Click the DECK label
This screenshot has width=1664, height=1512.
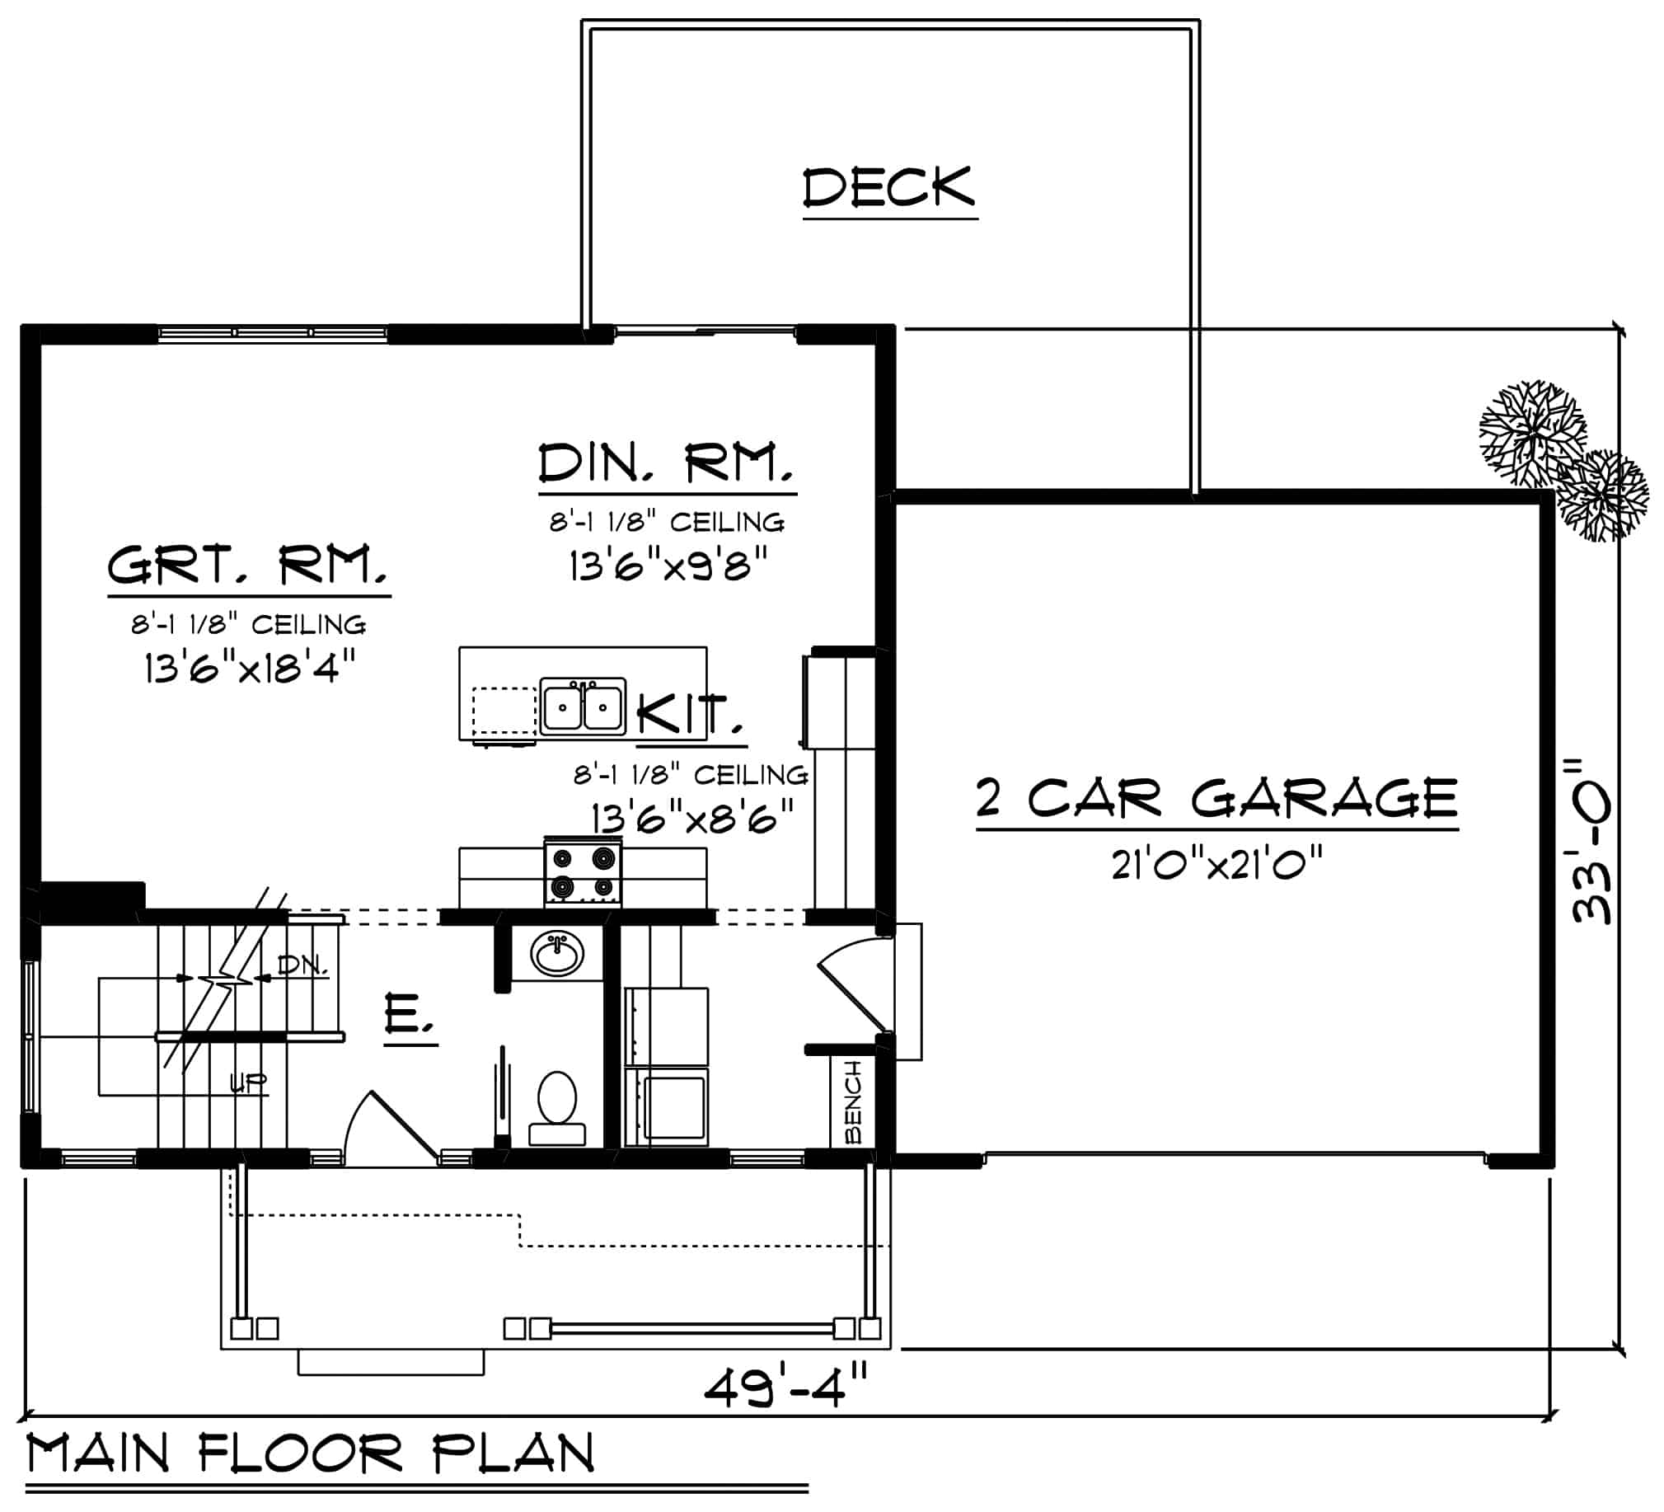point(889,187)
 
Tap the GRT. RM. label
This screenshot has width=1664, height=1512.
point(247,566)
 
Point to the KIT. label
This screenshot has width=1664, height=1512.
point(690,714)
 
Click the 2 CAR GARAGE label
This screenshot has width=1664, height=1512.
point(1216,799)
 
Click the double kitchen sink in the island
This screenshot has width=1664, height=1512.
point(583,707)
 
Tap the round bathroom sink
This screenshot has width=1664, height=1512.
point(557,954)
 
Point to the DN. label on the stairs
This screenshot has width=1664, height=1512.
point(302,965)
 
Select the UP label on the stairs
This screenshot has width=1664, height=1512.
point(247,1082)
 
